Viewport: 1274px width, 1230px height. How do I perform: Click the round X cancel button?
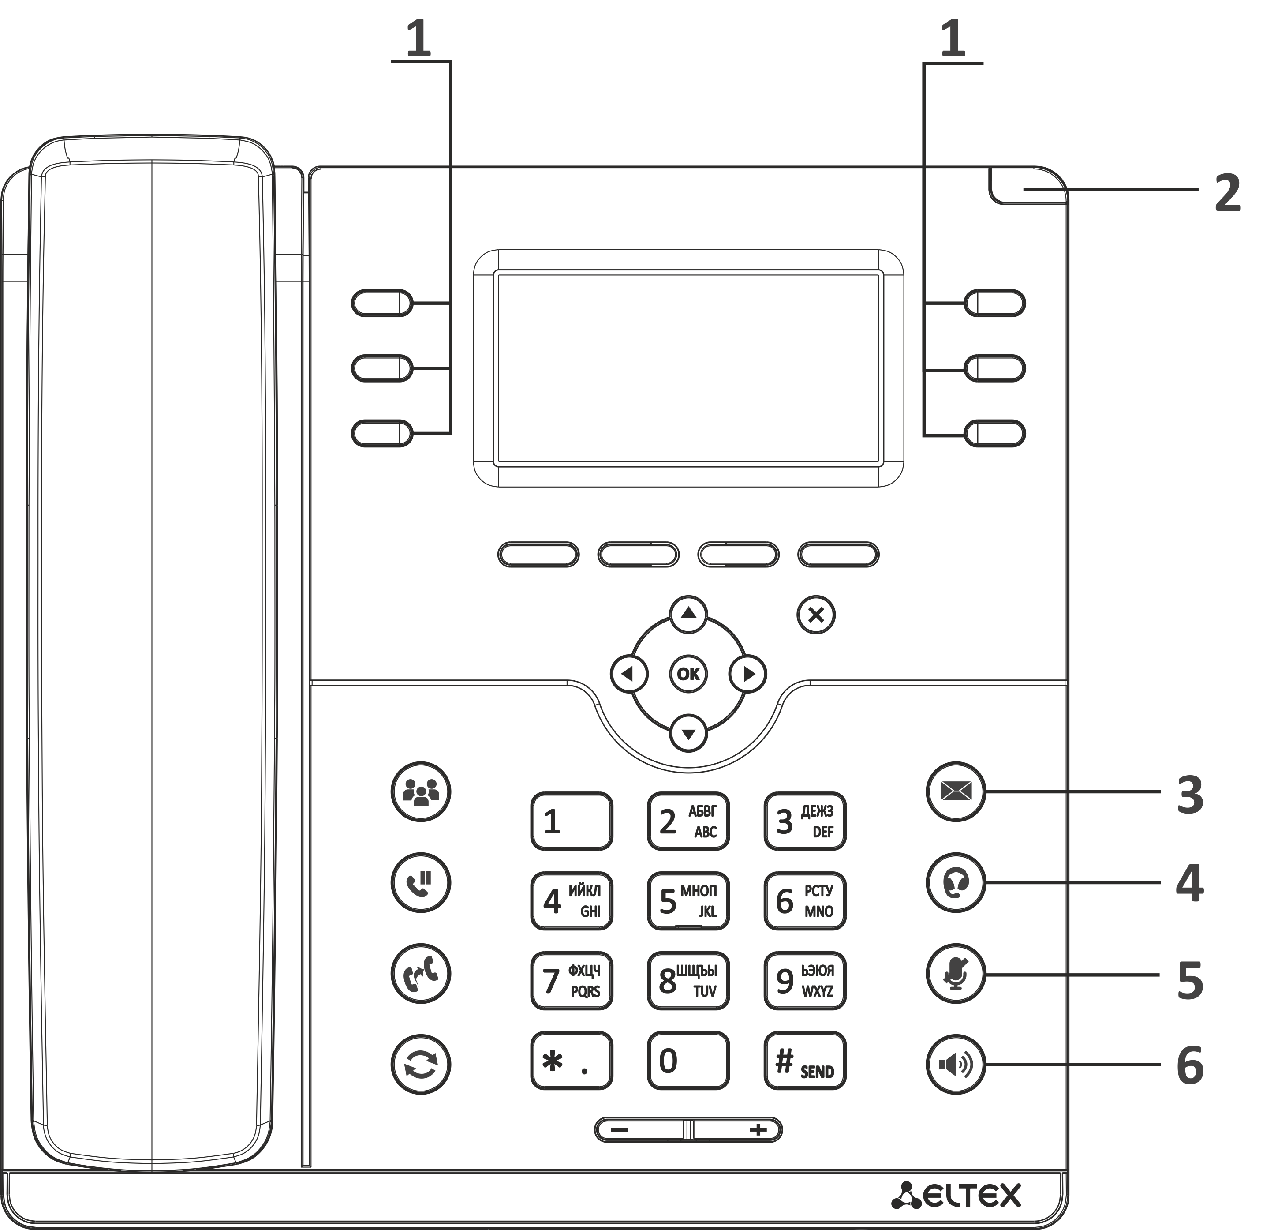pos(816,615)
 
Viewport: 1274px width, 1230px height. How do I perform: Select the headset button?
pos(956,883)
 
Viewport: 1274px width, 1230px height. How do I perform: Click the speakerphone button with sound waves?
pos(956,1065)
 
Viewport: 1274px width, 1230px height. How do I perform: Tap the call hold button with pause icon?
pos(421,883)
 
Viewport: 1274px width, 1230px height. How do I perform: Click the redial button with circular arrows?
pos(421,1065)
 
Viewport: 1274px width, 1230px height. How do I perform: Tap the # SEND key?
pos(805,1061)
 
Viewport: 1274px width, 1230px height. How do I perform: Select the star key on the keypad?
pos(572,1061)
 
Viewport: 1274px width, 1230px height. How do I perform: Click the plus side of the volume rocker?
pos(738,1130)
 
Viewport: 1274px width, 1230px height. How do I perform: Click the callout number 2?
pos(1227,193)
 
